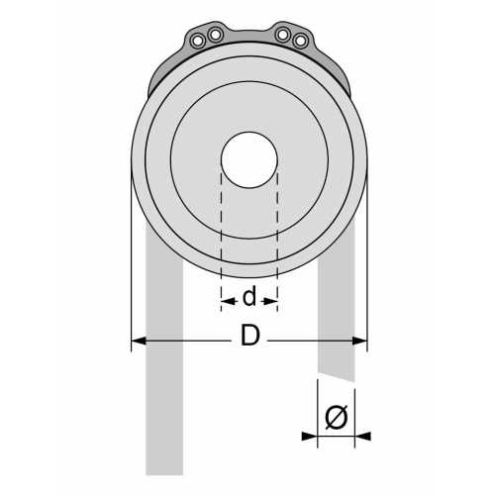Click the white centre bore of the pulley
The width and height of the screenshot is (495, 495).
(x=248, y=160)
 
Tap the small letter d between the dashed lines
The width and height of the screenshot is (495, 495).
(x=249, y=296)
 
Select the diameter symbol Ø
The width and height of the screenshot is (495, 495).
(x=336, y=419)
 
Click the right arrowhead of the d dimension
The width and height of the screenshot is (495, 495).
(x=271, y=297)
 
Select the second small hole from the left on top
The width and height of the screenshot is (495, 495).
(x=215, y=35)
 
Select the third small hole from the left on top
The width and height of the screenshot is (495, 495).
(x=283, y=35)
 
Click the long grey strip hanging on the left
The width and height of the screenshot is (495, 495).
(x=164, y=396)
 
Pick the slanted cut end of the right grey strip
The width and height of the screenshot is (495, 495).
(x=336, y=375)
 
